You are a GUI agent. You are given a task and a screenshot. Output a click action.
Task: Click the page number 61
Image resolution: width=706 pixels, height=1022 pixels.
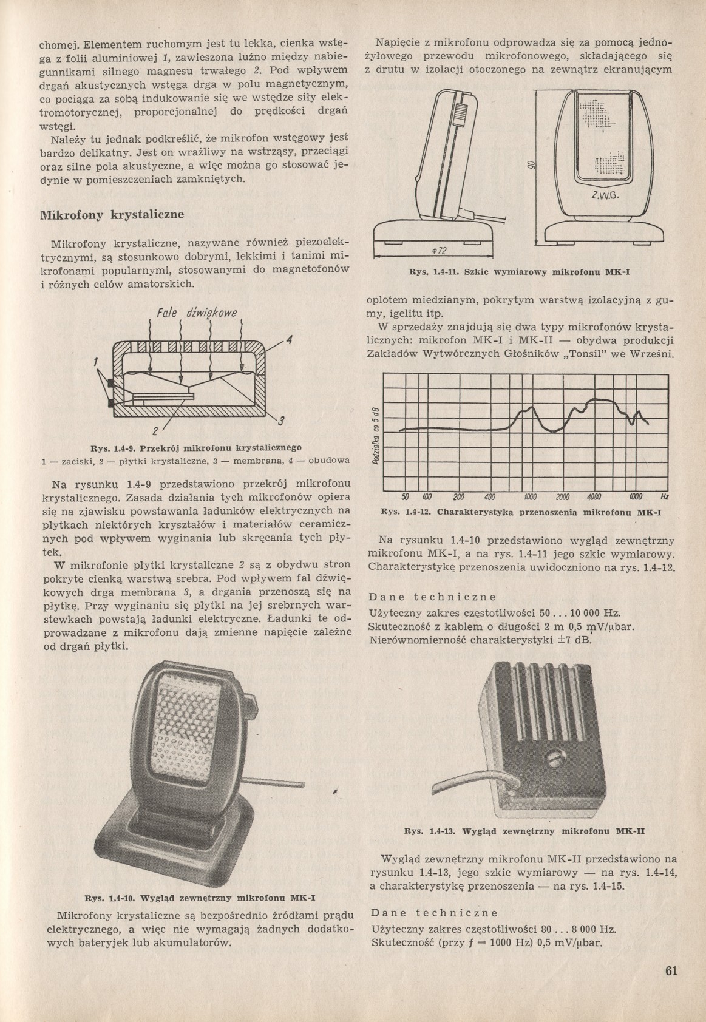point(670,970)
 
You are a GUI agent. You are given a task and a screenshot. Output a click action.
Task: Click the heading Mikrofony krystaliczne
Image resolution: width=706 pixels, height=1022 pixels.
point(112,215)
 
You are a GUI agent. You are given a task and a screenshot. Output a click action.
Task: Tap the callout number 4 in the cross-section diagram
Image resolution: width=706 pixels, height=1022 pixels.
point(290,340)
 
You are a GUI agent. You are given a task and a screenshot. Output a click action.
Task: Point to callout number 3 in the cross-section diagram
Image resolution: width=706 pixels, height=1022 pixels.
point(282,421)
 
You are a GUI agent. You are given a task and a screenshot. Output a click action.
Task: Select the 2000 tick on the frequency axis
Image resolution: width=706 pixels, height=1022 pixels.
point(563,496)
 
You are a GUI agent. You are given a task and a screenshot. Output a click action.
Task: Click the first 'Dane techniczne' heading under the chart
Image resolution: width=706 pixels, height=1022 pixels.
point(433,597)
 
